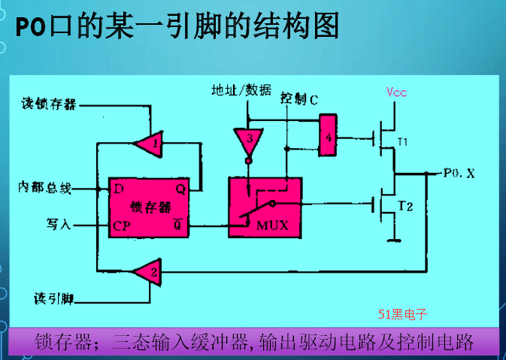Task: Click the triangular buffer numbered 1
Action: coord(148,141)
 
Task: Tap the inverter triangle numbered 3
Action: coord(247,141)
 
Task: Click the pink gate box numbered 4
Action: coord(327,135)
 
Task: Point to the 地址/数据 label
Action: coord(241,92)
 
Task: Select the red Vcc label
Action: coord(396,92)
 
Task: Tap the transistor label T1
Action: coord(402,141)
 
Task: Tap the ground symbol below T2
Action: coord(392,241)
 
